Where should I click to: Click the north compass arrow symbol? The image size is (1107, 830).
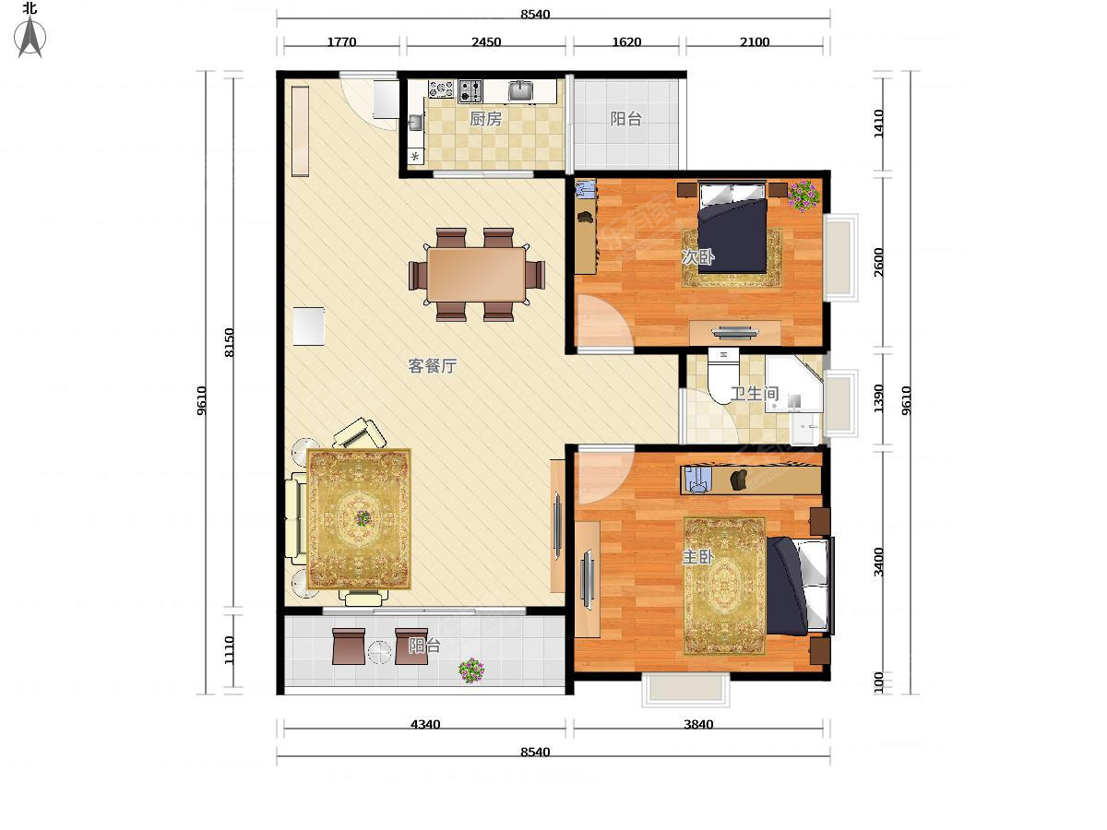pos(30,36)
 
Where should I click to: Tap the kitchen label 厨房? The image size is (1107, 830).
pos(485,119)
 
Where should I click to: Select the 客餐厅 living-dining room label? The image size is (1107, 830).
pos(433,366)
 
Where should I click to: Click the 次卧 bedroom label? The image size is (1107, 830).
pos(698,257)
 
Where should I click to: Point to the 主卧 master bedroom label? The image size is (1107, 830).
pos(698,557)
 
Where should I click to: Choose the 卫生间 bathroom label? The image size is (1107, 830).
pos(755,394)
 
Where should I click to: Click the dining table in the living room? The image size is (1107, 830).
pos(476,275)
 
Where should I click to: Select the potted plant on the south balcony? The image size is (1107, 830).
pos(471,670)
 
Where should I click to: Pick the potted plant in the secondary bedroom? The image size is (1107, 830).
pos(803,196)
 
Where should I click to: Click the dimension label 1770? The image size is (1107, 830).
pos(341,41)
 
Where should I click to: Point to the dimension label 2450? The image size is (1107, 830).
pos(486,41)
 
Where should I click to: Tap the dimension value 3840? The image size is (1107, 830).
pos(698,724)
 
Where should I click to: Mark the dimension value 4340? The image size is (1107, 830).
pos(425,724)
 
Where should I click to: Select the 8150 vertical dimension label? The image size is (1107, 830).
pos(230,343)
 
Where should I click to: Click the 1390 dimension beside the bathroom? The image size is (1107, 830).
pos(878,398)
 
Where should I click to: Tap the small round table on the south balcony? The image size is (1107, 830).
pos(379,652)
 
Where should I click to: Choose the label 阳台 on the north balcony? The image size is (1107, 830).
pos(625,119)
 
